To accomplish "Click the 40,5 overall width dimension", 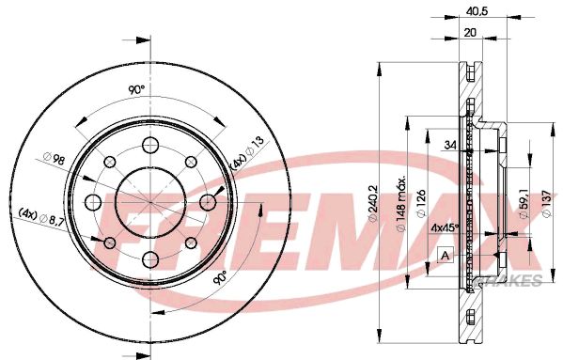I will [x=479, y=12].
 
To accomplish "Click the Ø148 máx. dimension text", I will [x=401, y=197].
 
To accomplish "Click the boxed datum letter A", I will [x=445, y=255].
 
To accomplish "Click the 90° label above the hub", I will [x=135, y=89].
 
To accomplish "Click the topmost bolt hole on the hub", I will [x=149, y=144].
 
